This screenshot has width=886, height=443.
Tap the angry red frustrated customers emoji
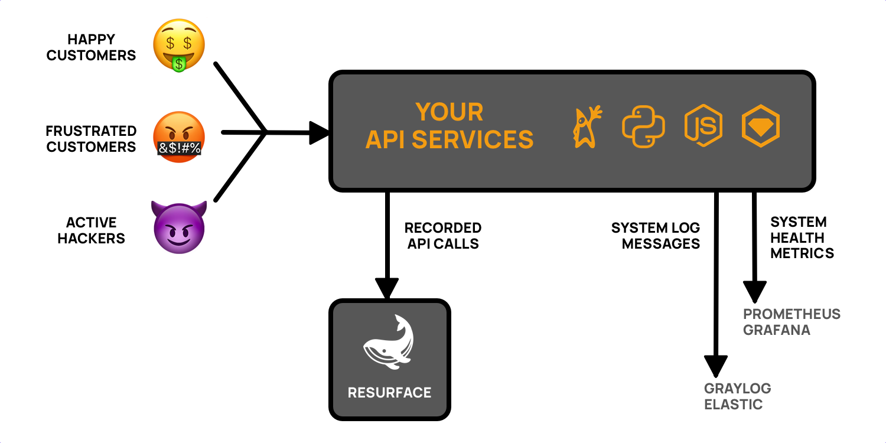point(179,137)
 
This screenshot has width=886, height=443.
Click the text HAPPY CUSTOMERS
point(92,48)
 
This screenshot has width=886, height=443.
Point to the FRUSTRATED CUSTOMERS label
point(92,139)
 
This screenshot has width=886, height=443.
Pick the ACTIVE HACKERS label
point(92,230)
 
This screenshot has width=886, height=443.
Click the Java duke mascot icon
point(587,126)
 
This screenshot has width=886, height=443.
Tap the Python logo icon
point(643,126)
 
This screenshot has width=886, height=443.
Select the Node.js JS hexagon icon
point(703,126)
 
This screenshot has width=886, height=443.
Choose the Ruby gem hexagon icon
point(761,126)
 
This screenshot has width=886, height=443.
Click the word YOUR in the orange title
point(449,112)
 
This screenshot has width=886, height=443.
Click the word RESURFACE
point(390,392)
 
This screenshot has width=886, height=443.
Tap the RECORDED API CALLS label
point(443,236)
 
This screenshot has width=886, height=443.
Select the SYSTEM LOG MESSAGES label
point(656,236)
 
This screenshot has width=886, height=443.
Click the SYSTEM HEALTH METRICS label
point(802,237)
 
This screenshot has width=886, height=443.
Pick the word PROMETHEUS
point(791,314)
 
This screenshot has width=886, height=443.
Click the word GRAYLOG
point(738,389)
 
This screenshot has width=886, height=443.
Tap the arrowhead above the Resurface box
point(387,289)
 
